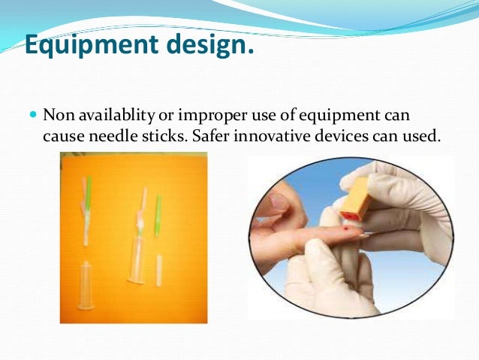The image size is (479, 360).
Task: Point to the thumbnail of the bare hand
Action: pos(279,202)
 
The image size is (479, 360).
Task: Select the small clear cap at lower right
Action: pos(159,271)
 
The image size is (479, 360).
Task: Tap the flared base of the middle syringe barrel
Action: pos(137,280)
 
